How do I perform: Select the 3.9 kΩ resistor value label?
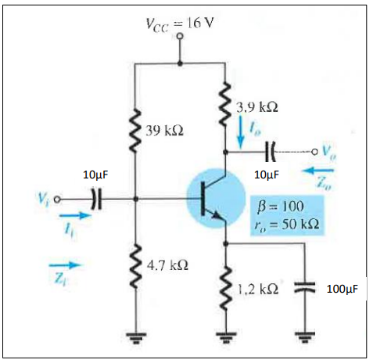click(x=257, y=105)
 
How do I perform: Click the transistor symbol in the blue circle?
click(x=213, y=199)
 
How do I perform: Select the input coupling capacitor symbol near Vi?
click(x=94, y=199)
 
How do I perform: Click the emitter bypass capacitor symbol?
click(x=304, y=288)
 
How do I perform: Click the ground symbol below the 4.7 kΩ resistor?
click(x=138, y=340)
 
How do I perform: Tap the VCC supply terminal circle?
click(x=181, y=36)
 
